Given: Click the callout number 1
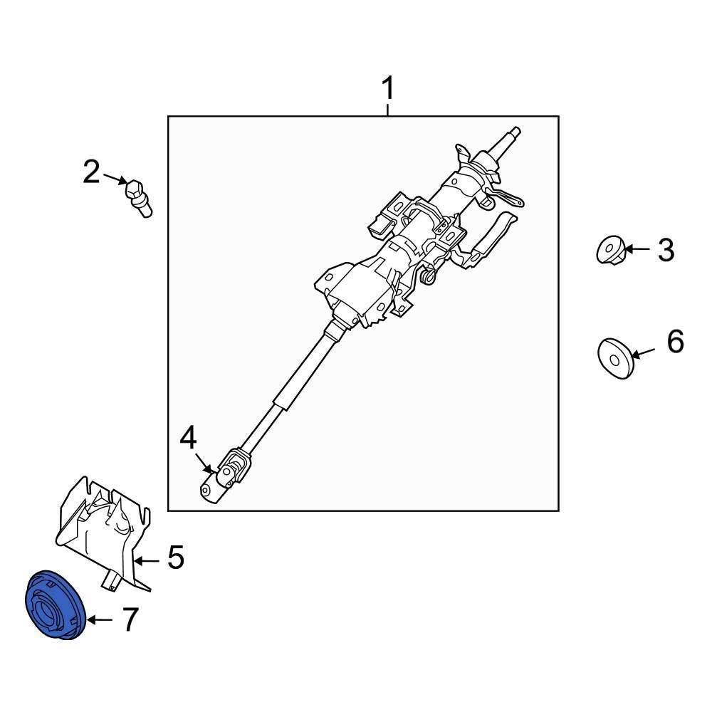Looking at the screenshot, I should tap(387, 90).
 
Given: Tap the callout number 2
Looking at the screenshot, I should tap(91, 172).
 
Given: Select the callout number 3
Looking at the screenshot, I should tap(665, 250).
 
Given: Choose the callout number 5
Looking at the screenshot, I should tap(175, 557).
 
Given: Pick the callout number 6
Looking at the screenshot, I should tap(675, 342).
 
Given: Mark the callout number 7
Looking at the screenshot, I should tap(128, 620).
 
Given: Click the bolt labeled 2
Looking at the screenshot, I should tap(139, 197).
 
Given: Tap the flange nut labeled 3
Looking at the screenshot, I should tap(610, 251).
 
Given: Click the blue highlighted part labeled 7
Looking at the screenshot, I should tap(54, 604).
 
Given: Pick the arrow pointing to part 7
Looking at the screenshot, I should tap(99, 620).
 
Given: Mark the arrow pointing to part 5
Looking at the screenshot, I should tap(149, 560).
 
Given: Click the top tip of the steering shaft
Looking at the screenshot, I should tap(515, 131).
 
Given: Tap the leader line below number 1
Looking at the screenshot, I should tap(387, 110).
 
